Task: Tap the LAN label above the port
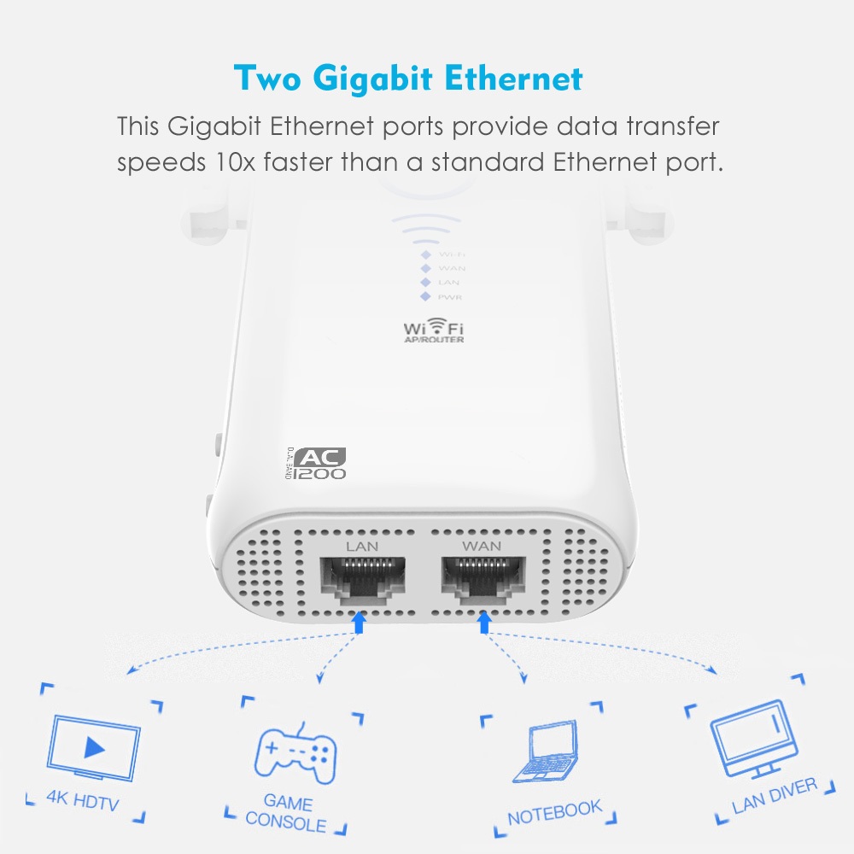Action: (361, 545)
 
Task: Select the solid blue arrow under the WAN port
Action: (484, 623)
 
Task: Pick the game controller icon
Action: (295, 751)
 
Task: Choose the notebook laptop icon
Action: (545, 752)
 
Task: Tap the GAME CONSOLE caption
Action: (286, 814)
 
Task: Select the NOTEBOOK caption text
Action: (554, 812)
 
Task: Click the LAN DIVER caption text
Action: (774, 796)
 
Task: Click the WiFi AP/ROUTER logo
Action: (434, 331)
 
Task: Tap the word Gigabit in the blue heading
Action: (371, 79)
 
